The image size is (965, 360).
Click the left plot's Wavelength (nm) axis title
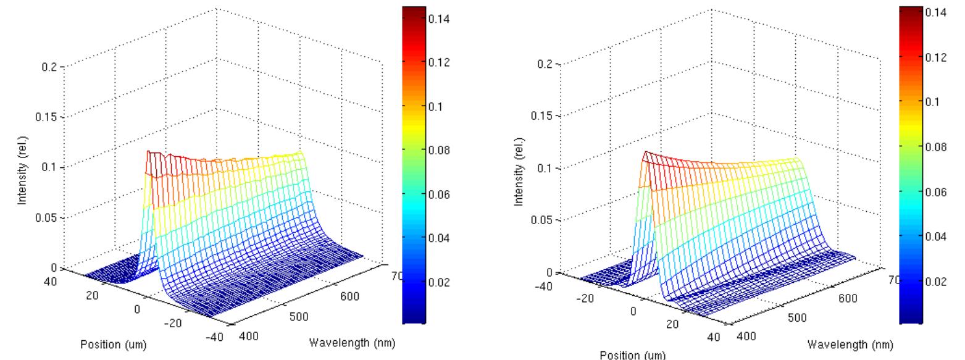(351, 342)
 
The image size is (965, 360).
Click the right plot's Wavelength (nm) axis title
(850, 344)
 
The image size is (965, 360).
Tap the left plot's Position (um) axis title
(113, 345)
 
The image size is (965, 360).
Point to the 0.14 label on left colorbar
(440, 19)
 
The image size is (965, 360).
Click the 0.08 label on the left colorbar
(440, 150)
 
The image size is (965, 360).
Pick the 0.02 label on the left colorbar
(440, 282)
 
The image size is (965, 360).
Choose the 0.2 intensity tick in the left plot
(49, 67)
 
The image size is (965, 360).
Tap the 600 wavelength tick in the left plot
(349, 296)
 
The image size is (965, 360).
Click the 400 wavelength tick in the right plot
(746, 337)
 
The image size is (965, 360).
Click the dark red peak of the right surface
(646, 154)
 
